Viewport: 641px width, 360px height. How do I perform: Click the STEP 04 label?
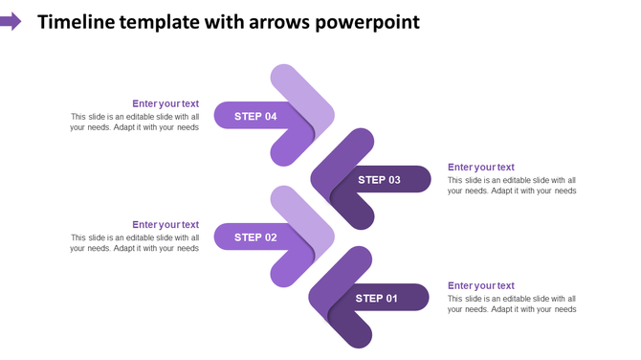[x=255, y=116]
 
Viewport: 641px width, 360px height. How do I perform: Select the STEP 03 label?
[x=379, y=179]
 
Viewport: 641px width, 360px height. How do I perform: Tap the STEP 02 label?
[x=255, y=236]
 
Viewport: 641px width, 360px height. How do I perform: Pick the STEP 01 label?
[x=376, y=298]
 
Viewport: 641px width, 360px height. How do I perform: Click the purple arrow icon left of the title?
[x=11, y=21]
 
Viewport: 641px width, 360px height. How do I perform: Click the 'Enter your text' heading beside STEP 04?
[x=166, y=103]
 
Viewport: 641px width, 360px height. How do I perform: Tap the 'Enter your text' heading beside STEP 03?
[x=480, y=167]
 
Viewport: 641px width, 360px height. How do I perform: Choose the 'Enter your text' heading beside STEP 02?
[x=166, y=224]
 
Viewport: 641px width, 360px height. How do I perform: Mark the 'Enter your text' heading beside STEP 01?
[x=480, y=285]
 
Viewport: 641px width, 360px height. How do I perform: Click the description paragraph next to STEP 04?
[x=134, y=122]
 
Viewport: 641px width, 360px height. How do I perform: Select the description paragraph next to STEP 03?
[x=511, y=185]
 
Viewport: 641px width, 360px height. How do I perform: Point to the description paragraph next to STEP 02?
[x=134, y=242]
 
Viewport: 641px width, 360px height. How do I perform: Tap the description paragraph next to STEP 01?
[x=511, y=304]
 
